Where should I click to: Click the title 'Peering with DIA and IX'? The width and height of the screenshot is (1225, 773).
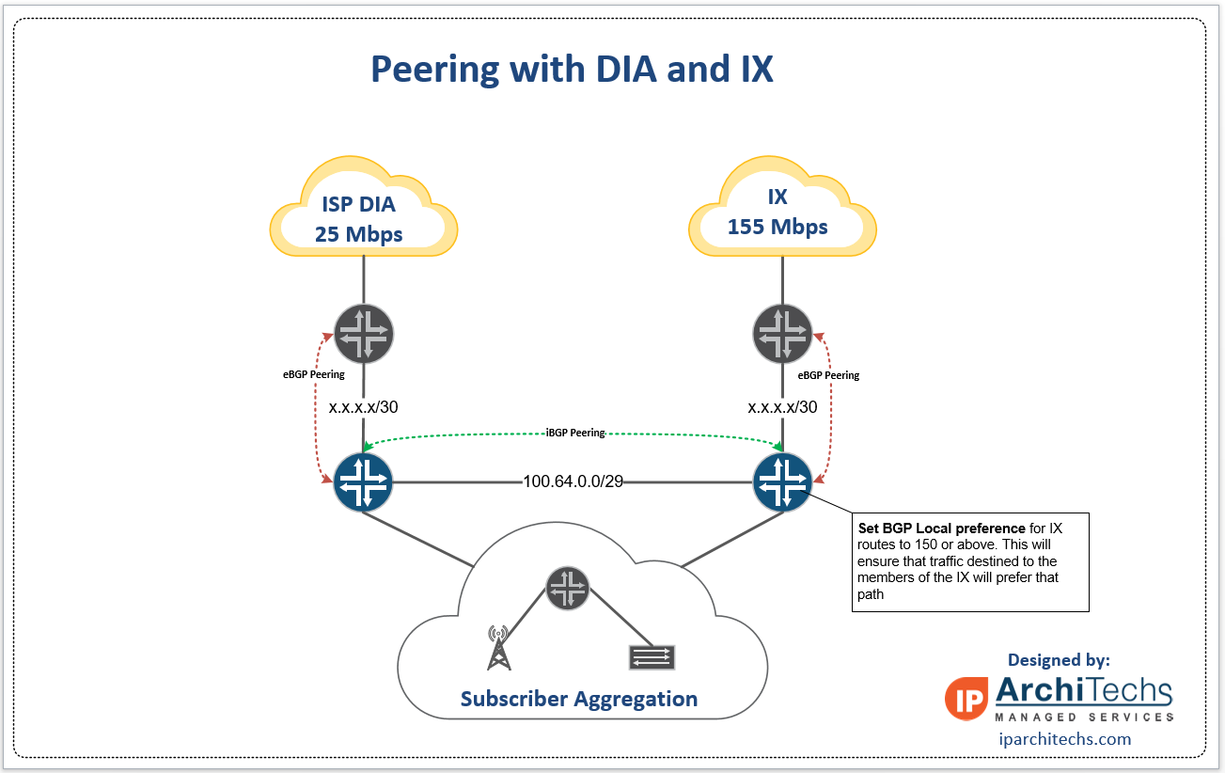click(572, 70)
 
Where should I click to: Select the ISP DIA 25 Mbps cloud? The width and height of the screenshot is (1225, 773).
click(363, 217)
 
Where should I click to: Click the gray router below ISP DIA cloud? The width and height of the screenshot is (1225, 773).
click(363, 333)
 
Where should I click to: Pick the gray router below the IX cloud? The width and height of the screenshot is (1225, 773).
click(782, 333)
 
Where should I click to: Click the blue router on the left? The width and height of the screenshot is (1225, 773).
click(363, 482)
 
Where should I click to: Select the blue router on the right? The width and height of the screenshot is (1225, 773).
click(782, 482)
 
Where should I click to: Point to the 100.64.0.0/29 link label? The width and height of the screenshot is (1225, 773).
click(573, 482)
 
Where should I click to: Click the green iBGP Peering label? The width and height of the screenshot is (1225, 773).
click(575, 433)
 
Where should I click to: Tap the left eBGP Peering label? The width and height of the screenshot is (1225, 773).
click(314, 374)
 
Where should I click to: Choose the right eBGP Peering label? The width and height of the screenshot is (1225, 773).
click(828, 375)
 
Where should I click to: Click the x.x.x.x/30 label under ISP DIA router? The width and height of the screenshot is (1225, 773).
click(363, 408)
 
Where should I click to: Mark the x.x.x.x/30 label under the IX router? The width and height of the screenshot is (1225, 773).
click(782, 408)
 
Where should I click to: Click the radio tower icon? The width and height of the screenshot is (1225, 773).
click(499, 649)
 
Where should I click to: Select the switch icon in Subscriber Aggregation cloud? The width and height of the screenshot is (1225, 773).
click(652, 656)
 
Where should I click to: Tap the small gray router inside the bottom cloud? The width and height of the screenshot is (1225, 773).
click(567, 588)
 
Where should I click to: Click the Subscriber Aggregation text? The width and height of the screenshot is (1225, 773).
click(578, 699)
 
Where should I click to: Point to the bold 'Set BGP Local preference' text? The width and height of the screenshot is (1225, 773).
click(941, 528)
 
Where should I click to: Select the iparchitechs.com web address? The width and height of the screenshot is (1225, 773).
click(1064, 739)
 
